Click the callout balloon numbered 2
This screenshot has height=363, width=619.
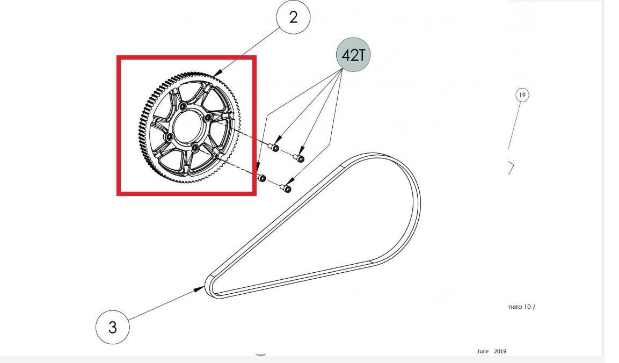coord(293,17)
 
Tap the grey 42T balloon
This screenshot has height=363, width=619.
coord(353,55)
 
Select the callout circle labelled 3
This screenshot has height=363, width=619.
coord(113,327)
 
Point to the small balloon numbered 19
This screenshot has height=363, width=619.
coord(522,95)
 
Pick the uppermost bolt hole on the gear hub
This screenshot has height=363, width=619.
coord(183,107)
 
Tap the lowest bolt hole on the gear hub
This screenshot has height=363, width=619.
coord(195,148)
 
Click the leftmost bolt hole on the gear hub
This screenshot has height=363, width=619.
coord(170,137)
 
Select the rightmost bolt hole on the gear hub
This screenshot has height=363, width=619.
coord(209,118)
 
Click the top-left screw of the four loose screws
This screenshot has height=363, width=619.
coord(274,147)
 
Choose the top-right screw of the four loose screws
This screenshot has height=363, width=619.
coord(299,158)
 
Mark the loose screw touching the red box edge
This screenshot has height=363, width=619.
coord(260,178)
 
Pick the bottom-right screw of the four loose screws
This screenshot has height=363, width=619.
coord(286,188)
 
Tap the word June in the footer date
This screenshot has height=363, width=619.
coord(483,351)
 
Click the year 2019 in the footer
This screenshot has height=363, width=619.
coord(500,351)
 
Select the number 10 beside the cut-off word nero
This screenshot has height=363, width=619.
coord(527,307)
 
